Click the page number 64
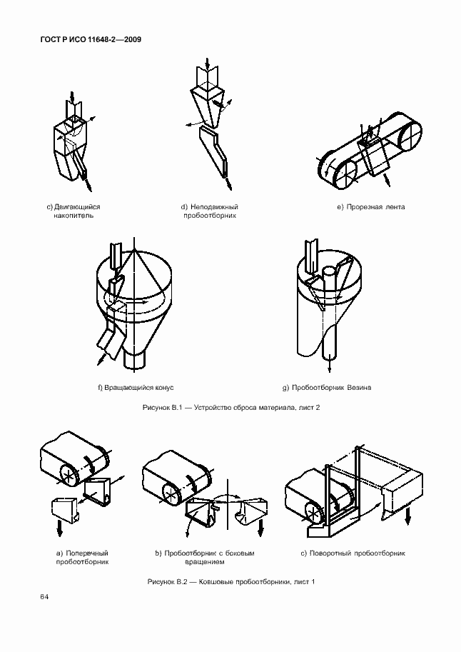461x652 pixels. [x=44, y=597]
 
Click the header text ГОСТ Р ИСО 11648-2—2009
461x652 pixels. [x=91, y=39]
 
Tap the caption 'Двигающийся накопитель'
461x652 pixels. [x=74, y=211]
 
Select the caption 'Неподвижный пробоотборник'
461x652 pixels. [x=210, y=211]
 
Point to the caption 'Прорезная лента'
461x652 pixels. [x=371, y=207]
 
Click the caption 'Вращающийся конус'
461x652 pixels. [x=136, y=388]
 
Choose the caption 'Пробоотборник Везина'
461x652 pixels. [x=327, y=388]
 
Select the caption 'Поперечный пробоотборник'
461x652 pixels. [x=82, y=558]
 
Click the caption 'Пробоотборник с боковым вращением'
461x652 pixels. [x=205, y=558]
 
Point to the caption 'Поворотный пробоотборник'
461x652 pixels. [x=353, y=553]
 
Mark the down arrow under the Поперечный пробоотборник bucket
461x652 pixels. [x=59, y=528]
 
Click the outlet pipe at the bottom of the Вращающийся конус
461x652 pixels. [x=134, y=360]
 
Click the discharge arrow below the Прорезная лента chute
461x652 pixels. [x=387, y=181]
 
